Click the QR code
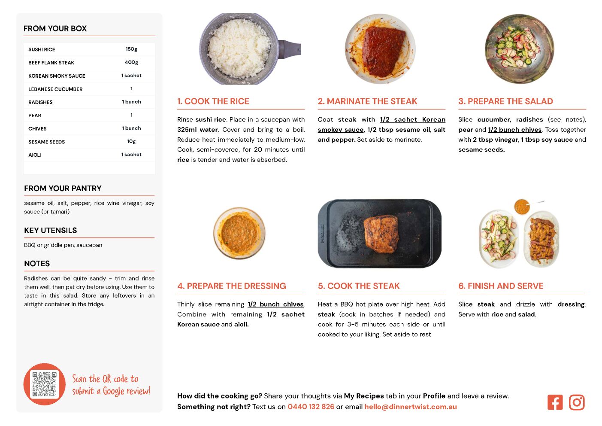[45, 384]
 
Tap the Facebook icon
[555, 402]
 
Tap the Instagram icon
[576, 402]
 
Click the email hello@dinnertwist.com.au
[410, 407]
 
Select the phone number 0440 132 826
[311, 407]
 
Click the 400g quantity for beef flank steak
[131, 62]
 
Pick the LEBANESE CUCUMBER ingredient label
[55, 89]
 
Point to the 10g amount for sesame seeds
[131, 141]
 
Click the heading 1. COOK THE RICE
[213, 101]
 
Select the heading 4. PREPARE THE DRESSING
[232, 286]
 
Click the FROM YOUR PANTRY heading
[63, 188]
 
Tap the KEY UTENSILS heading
[51, 231]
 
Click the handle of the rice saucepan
[290, 49]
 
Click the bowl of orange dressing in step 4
[239, 233]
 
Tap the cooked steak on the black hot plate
[381, 234]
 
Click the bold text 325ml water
[197, 130]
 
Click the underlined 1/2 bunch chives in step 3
[514, 130]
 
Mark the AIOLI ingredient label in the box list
[35, 155]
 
